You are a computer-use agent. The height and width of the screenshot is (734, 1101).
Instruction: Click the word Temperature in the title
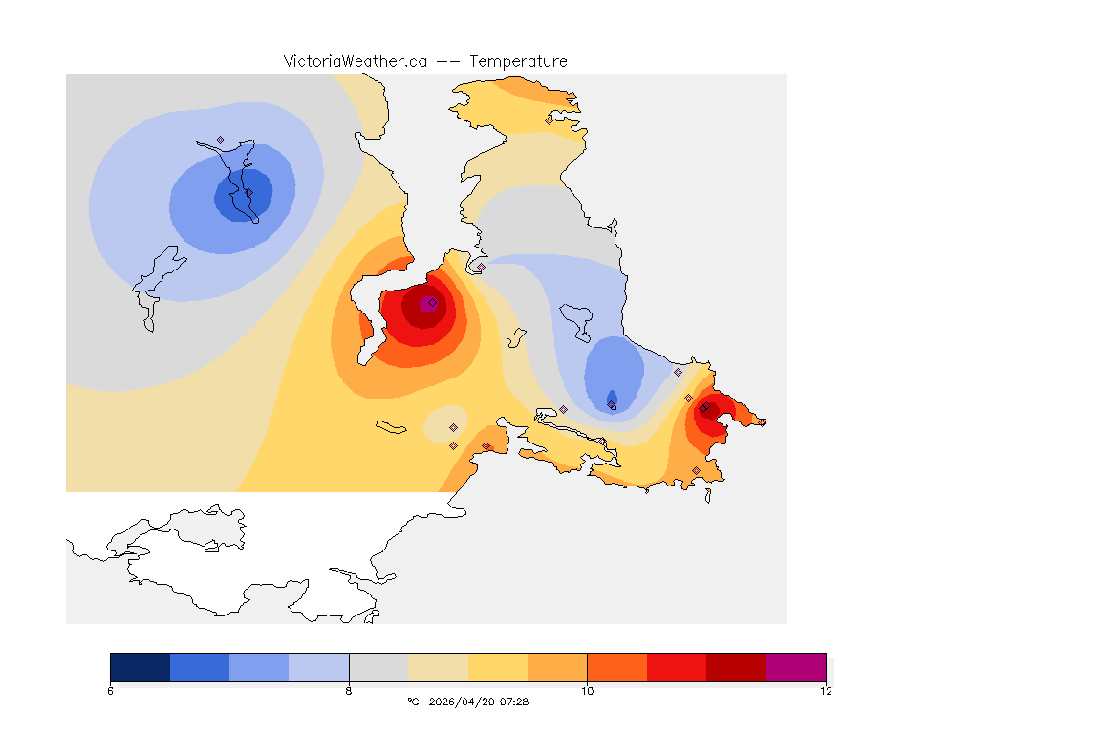pyautogui.click(x=518, y=61)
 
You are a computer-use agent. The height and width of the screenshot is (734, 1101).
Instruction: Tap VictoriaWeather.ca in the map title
pyautogui.click(x=355, y=61)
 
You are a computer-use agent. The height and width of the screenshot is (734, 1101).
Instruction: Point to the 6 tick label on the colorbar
pyautogui.click(x=110, y=691)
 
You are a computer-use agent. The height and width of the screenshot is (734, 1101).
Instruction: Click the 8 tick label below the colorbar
pyautogui.click(x=349, y=691)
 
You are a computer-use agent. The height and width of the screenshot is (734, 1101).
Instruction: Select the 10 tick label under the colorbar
pyautogui.click(x=587, y=691)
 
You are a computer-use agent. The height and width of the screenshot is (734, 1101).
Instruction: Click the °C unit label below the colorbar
pyautogui.click(x=413, y=702)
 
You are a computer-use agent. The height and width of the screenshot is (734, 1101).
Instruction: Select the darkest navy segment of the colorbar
pyautogui.click(x=140, y=667)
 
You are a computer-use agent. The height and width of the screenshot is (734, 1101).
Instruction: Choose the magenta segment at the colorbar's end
pyautogui.click(x=796, y=667)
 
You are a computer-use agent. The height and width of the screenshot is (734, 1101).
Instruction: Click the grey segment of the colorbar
pyautogui.click(x=378, y=667)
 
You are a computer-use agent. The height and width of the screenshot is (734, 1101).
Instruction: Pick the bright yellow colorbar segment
pyautogui.click(x=498, y=667)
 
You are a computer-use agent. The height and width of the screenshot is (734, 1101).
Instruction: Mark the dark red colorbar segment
pyautogui.click(x=736, y=667)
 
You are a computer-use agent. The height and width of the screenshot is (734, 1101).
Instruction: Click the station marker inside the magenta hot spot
pyautogui.click(x=432, y=302)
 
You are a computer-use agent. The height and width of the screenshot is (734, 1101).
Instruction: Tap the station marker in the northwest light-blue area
pyautogui.click(x=220, y=140)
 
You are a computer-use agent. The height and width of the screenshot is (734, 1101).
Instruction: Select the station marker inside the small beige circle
pyautogui.click(x=453, y=427)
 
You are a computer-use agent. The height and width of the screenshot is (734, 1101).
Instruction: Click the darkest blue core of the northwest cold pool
pyautogui.click(x=243, y=197)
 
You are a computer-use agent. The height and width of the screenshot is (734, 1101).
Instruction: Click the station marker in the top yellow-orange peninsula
pyautogui.click(x=549, y=120)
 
